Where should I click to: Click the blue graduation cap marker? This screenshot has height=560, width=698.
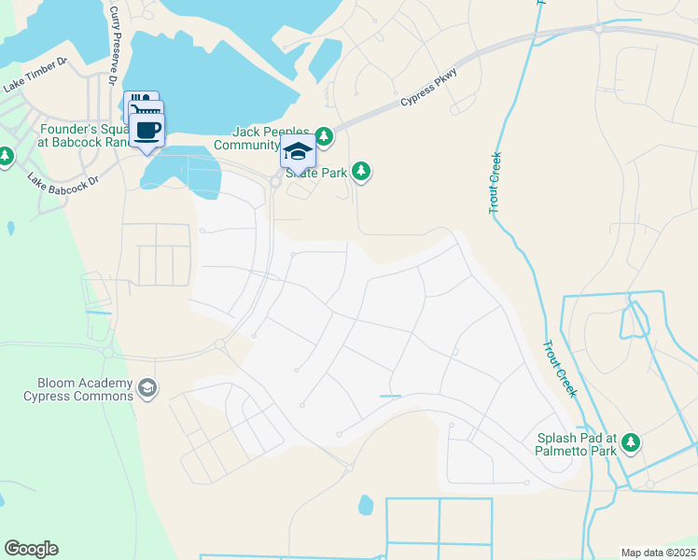[x=298, y=152]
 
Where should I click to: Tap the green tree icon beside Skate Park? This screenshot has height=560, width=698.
[x=362, y=172]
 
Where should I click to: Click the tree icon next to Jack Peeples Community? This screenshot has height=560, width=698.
[x=324, y=137]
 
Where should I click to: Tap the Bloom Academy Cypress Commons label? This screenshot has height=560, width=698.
[x=78, y=389]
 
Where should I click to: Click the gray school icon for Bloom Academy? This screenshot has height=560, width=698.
[x=147, y=387]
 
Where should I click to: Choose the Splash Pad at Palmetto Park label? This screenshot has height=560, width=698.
[x=578, y=444]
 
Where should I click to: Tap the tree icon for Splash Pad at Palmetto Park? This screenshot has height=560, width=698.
[x=632, y=442]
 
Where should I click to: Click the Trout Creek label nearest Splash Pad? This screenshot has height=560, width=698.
[x=560, y=368]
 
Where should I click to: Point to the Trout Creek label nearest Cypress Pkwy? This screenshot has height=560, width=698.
[x=496, y=183]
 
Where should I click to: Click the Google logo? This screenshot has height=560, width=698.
[x=31, y=549]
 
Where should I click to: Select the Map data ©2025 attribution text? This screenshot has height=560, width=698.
[x=657, y=553]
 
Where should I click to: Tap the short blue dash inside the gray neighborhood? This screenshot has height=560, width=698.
[x=390, y=397]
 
